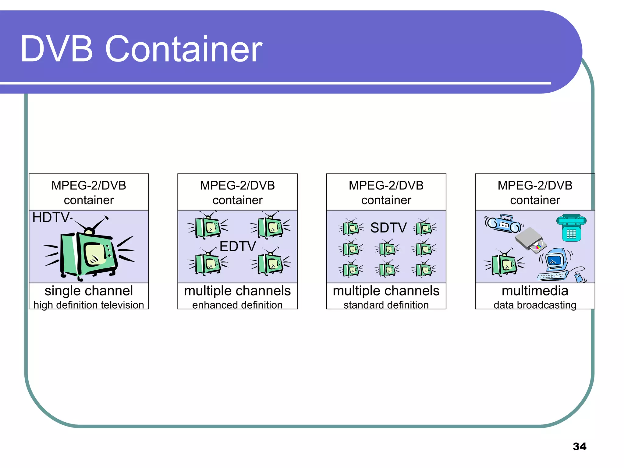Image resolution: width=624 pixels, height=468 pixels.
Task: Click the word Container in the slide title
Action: [184, 49]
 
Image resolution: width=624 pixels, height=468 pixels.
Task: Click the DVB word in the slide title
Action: [57, 49]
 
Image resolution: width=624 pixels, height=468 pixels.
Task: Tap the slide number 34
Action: [579, 446]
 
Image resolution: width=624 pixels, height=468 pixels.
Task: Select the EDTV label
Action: [238, 246]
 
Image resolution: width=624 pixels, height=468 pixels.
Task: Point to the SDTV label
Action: [388, 228]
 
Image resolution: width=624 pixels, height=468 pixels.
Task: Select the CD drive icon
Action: [531, 240]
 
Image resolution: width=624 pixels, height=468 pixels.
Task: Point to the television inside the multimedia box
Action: [504, 264]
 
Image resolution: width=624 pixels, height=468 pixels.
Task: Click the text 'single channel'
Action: [89, 291]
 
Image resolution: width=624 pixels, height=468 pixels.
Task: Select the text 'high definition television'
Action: [89, 305]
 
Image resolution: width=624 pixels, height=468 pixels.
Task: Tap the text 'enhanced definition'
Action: [237, 305]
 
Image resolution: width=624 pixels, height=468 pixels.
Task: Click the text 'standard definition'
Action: [386, 305]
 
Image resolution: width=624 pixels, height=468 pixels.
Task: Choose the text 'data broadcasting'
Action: [535, 305]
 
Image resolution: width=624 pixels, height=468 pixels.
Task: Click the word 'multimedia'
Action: [535, 291]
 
